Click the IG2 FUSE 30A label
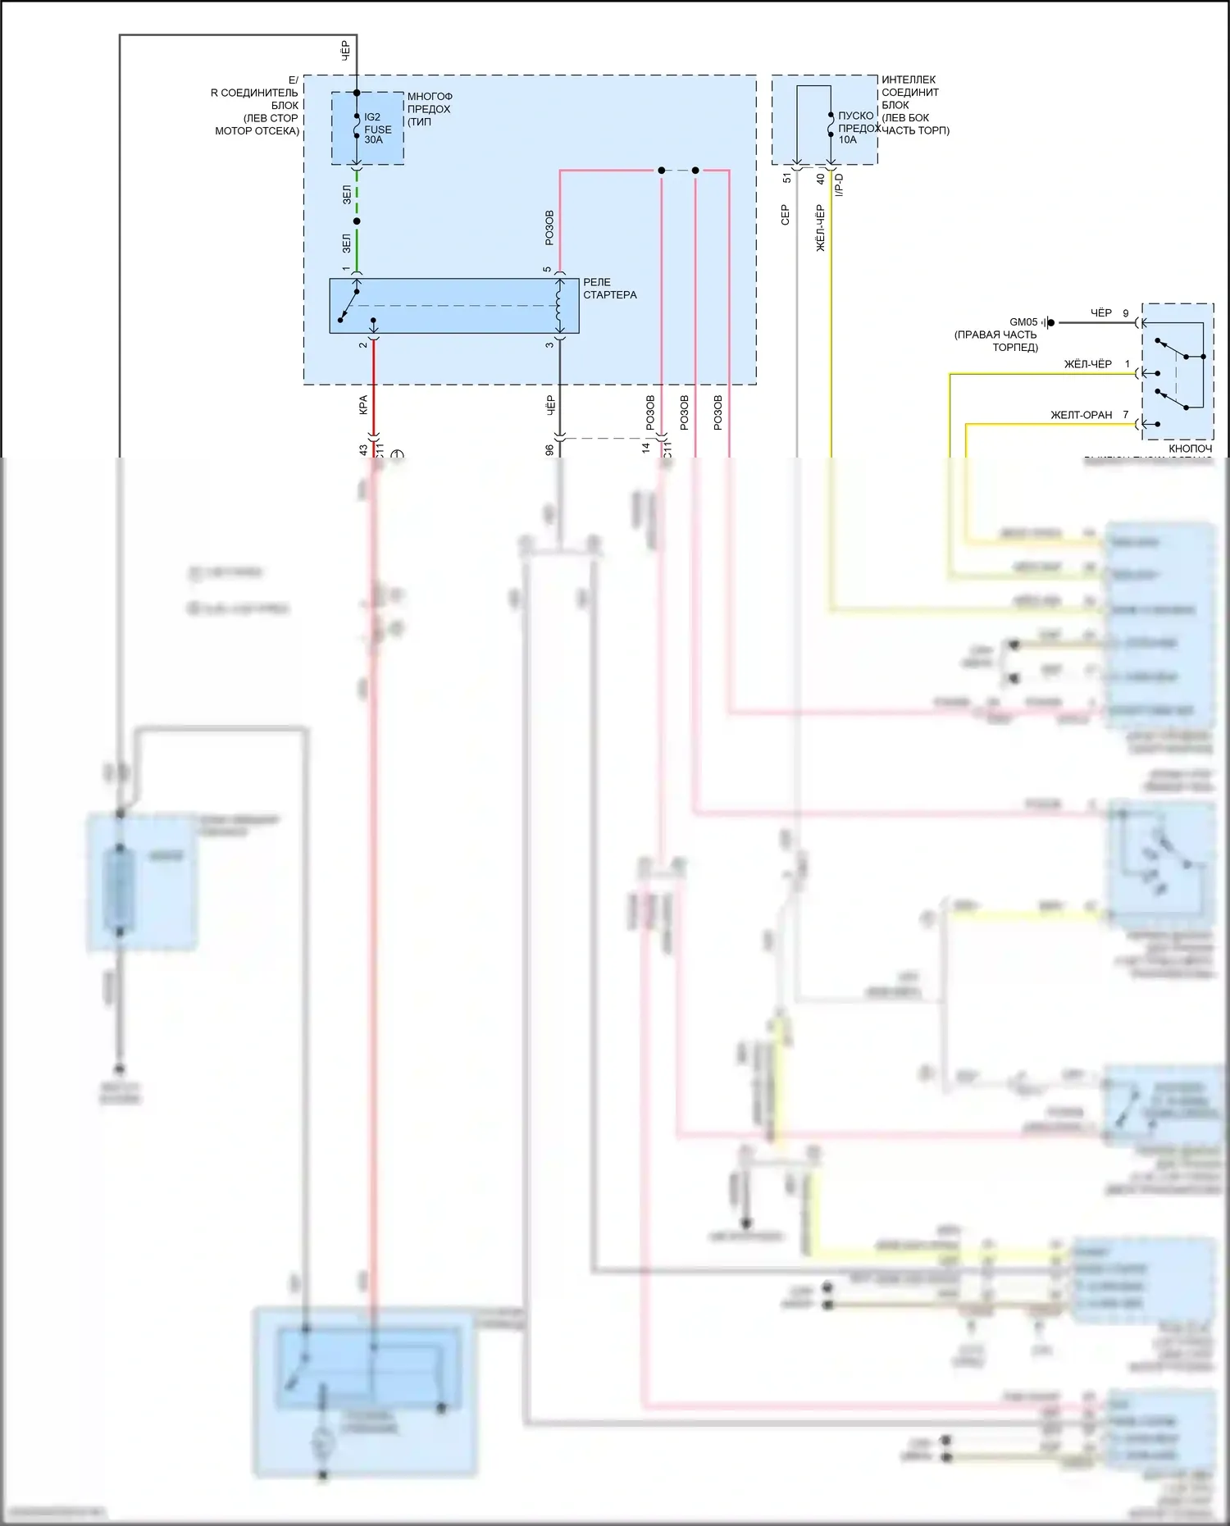(x=377, y=129)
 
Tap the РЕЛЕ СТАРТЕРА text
(x=609, y=289)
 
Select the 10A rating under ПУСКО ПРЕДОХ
(x=847, y=140)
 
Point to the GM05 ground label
(x=1023, y=322)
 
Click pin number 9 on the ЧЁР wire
(x=1126, y=313)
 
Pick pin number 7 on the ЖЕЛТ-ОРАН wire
(x=1126, y=415)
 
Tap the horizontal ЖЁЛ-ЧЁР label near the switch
(x=1087, y=364)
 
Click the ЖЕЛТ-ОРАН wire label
(x=1081, y=415)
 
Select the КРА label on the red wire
(x=363, y=405)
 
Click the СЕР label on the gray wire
(x=785, y=216)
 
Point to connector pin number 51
(x=787, y=178)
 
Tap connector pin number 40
(x=820, y=178)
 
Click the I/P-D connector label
(x=839, y=185)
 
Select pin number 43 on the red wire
(x=363, y=450)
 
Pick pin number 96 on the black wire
(x=549, y=450)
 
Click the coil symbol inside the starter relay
(x=560, y=306)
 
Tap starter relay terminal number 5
(x=547, y=270)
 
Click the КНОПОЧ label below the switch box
(x=1190, y=449)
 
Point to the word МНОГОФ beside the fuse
(x=430, y=97)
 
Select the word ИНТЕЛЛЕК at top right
(x=909, y=80)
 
